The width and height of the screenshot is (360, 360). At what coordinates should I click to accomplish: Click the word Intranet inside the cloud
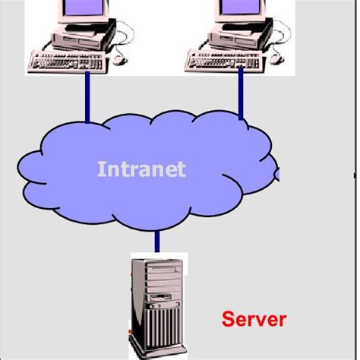(141, 168)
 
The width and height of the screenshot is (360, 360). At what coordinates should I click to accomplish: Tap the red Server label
(254, 318)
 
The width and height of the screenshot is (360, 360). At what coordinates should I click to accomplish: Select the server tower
(158, 304)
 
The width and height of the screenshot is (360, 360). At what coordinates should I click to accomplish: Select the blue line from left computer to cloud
(88, 95)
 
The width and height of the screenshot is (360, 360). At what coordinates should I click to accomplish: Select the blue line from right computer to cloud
(241, 91)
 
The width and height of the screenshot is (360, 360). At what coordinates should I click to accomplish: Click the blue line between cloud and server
(157, 242)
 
